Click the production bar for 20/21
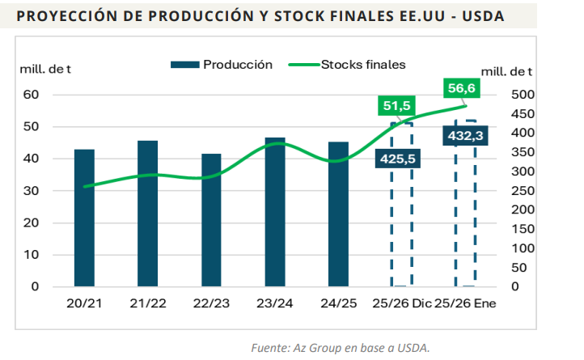tap(84, 218)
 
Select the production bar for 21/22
tap(147, 214)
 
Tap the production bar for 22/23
tap(211, 220)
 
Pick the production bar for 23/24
tap(275, 212)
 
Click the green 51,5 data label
tap(398, 107)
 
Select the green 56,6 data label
tap(461, 88)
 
